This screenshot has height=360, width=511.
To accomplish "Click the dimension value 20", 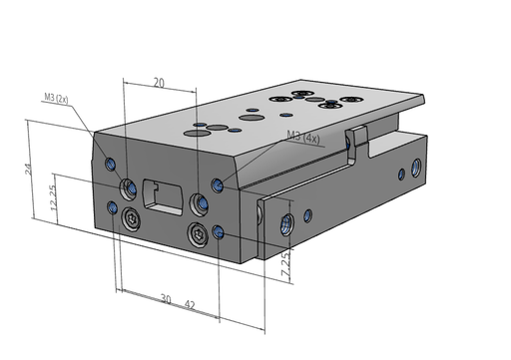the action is pyautogui.click(x=159, y=83).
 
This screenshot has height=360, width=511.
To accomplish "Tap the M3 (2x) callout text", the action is pyautogui.click(x=56, y=98).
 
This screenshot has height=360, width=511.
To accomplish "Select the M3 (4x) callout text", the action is pyautogui.click(x=303, y=137).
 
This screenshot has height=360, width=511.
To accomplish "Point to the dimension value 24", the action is pyautogui.click(x=29, y=169).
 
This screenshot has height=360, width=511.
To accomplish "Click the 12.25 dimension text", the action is pyautogui.click(x=54, y=197).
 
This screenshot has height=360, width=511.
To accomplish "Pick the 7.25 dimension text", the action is pyautogui.click(x=285, y=263).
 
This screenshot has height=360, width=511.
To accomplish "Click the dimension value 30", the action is pyautogui.click(x=166, y=298).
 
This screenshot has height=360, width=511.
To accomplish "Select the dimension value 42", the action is pyautogui.click(x=190, y=304).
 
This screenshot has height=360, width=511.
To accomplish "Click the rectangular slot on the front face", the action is pyautogui.click(x=163, y=197).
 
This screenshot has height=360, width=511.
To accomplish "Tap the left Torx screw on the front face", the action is pyautogui.click(x=131, y=218).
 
